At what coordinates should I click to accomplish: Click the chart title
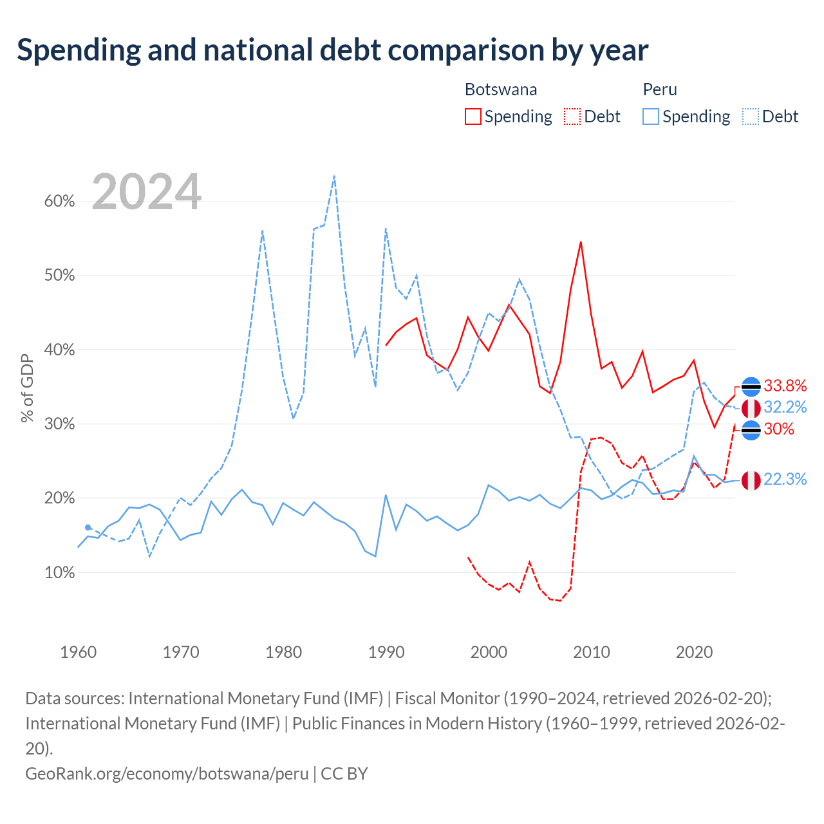(332, 50)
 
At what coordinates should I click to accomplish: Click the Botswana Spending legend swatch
(473, 117)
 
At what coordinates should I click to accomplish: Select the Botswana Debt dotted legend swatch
(572, 117)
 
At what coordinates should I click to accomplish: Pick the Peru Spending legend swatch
(650, 117)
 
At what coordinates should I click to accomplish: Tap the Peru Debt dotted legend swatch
(750, 117)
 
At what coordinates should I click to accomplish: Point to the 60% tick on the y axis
(59, 201)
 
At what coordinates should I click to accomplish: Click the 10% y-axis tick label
(59, 572)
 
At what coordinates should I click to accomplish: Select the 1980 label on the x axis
(283, 652)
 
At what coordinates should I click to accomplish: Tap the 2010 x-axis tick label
(592, 652)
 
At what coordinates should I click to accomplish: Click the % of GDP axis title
(27, 388)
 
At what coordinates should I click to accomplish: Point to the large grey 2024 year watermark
(146, 191)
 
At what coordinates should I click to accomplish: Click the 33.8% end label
(785, 386)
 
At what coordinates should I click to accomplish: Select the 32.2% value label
(785, 407)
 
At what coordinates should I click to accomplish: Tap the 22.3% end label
(785, 480)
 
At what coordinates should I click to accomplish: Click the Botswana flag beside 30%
(751, 430)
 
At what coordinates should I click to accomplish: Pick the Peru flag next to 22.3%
(751, 480)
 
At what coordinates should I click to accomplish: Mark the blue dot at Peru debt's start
(88, 527)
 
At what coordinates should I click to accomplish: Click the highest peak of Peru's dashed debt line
(334, 175)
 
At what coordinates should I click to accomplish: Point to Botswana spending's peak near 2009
(581, 242)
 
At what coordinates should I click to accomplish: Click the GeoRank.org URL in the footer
(167, 774)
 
